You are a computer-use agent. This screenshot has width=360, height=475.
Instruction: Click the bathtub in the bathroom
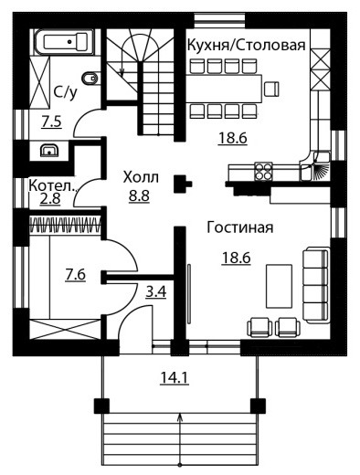(x=64, y=42)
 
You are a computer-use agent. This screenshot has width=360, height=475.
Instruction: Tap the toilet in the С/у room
(x=90, y=78)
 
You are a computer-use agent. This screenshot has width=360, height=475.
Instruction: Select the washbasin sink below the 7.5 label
(x=48, y=150)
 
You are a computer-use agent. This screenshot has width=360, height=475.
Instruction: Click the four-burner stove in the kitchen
(x=263, y=172)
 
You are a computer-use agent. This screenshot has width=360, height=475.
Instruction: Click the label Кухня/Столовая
(x=246, y=45)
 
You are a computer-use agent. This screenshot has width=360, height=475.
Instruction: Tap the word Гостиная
(x=240, y=227)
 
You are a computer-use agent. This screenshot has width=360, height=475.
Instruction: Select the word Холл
(x=141, y=177)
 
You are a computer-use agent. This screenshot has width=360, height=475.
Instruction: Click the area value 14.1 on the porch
(x=175, y=378)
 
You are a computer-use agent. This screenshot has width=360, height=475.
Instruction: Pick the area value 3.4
(x=156, y=292)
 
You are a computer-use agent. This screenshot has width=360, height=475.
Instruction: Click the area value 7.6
(x=76, y=275)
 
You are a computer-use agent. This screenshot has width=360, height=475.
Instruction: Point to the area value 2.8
(x=50, y=199)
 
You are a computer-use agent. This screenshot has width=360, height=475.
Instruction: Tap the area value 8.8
(x=139, y=196)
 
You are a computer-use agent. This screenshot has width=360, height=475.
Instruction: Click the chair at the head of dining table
(x=271, y=89)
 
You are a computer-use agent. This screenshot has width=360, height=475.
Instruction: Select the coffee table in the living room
(x=279, y=286)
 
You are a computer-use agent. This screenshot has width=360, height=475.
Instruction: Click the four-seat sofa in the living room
(x=316, y=285)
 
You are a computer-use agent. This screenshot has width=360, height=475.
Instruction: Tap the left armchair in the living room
(x=259, y=327)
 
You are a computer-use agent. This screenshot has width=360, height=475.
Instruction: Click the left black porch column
(x=101, y=406)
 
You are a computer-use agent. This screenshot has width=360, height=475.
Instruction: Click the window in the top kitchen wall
(x=219, y=20)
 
